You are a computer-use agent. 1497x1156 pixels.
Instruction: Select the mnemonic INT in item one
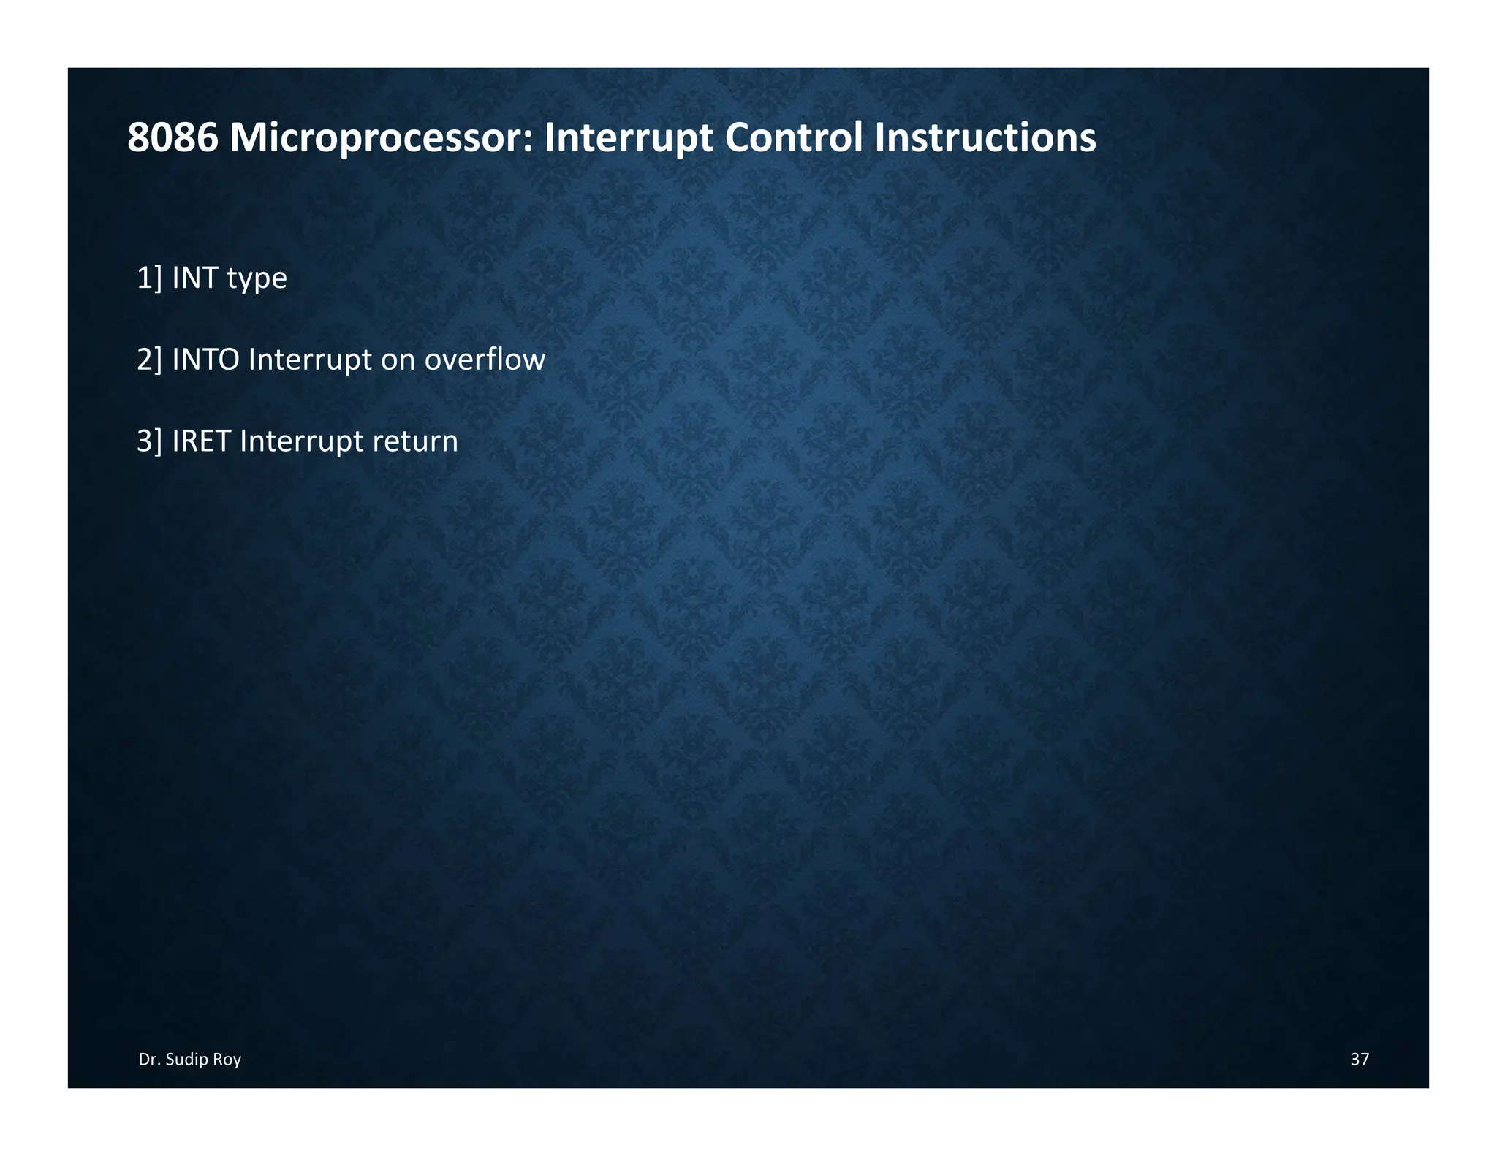194,278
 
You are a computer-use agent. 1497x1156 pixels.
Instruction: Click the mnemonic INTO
205,360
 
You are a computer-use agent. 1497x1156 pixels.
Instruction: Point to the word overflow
485,360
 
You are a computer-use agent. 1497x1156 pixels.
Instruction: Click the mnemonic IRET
201,441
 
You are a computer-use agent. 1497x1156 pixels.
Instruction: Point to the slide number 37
1360,1060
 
